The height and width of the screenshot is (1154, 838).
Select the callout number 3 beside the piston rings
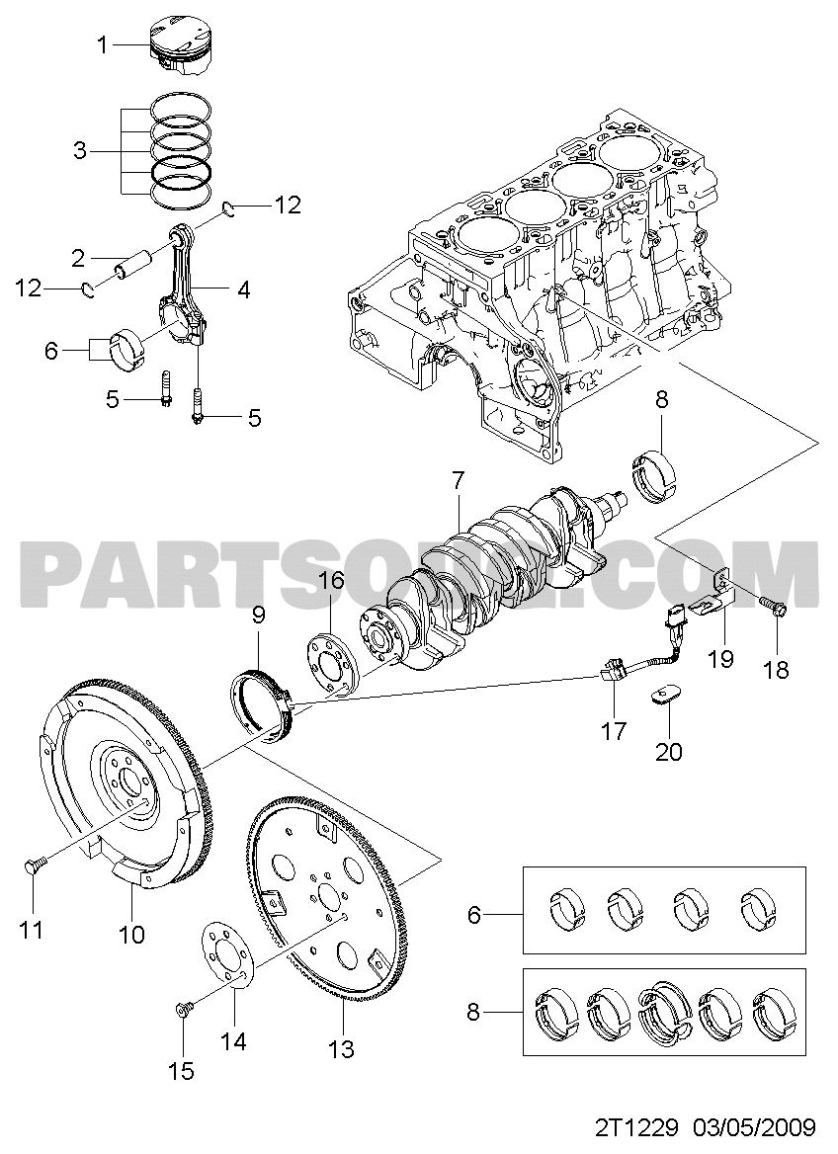(x=80, y=151)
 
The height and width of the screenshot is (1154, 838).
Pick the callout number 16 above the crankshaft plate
(x=331, y=580)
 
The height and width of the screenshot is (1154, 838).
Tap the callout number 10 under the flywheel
(x=131, y=933)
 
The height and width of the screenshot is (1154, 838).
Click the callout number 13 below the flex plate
(x=340, y=1049)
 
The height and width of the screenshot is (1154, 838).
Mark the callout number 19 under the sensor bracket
(x=720, y=658)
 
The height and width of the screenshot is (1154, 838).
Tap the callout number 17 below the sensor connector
(x=614, y=731)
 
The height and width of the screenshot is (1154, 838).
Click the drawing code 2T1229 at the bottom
(x=634, y=1126)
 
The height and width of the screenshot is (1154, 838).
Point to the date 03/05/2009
(x=754, y=1126)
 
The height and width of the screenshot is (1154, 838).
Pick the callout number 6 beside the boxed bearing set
(x=474, y=916)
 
